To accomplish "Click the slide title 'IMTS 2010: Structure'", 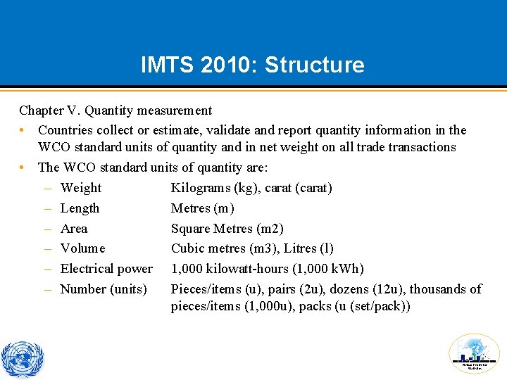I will pyautogui.click(x=253, y=65).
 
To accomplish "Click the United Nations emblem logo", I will pyautogui.click(x=23, y=360).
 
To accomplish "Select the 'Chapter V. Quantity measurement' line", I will pyautogui.click(x=115, y=110).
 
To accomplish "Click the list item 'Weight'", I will pyautogui.click(x=81, y=188).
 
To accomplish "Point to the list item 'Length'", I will pyautogui.click(x=80, y=208).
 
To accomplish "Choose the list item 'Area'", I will pyautogui.click(x=74, y=229).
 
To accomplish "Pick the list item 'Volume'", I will pyautogui.click(x=82, y=248).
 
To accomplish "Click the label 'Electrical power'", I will pyautogui.click(x=106, y=269).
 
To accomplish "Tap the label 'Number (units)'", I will pyautogui.click(x=104, y=289).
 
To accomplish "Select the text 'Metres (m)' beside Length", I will pyautogui.click(x=203, y=208).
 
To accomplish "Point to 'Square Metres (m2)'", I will pyautogui.click(x=227, y=229).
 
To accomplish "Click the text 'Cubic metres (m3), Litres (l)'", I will pyautogui.click(x=252, y=248).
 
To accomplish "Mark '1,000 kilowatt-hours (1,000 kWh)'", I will pyautogui.click(x=267, y=269).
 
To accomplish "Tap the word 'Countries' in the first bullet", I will pyautogui.click(x=65, y=130).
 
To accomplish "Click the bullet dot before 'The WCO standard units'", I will pyautogui.click(x=23, y=167).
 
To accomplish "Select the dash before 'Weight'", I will pyautogui.click(x=46, y=188).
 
